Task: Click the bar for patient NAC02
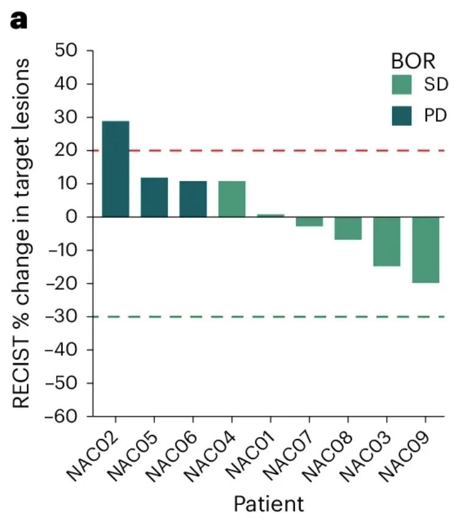(x=115, y=169)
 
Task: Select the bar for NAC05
(x=154, y=197)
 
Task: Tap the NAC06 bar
(x=193, y=199)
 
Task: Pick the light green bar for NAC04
(x=232, y=199)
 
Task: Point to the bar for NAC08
(x=348, y=228)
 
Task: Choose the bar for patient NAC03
(x=387, y=242)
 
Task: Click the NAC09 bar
(x=426, y=250)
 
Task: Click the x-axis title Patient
(x=268, y=504)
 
